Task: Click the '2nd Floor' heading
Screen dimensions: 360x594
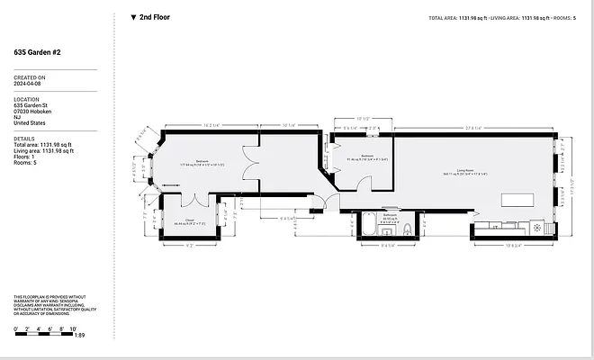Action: tap(155, 16)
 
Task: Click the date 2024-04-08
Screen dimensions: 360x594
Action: tap(29, 85)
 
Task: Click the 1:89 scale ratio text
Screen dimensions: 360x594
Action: tap(80, 336)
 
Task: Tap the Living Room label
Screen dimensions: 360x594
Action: tap(464, 170)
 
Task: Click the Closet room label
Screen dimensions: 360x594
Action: tap(189, 219)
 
